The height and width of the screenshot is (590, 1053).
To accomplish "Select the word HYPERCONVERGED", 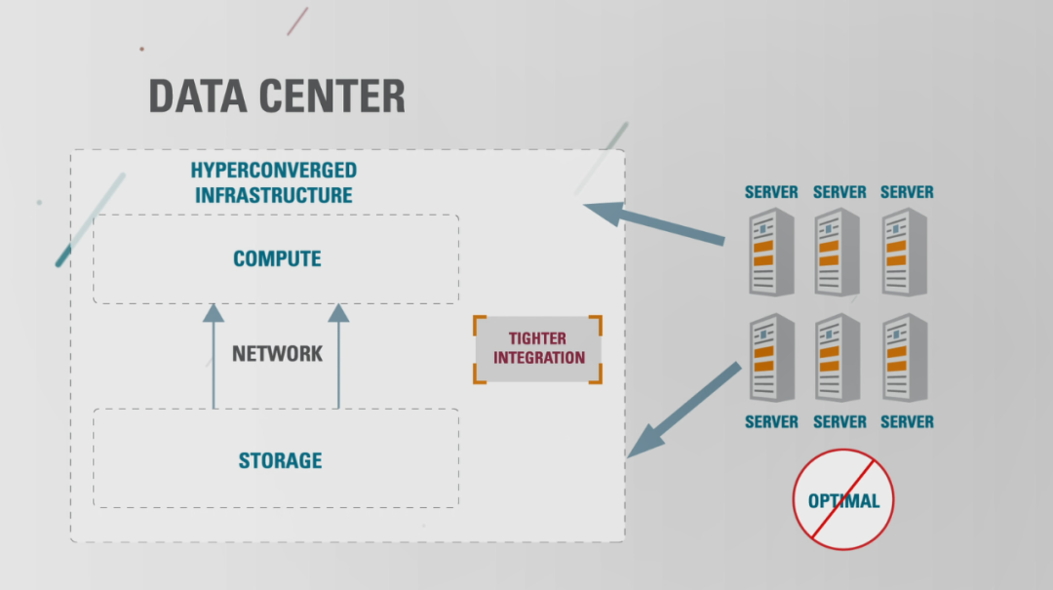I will pyautogui.click(x=273, y=171).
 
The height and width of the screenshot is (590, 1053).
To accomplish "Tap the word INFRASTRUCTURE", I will pyautogui.click(x=273, y=195).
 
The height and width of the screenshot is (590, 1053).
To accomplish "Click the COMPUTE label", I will pyautogui.click(x=277, y=259).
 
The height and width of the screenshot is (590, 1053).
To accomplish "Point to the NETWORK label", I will pyautogui.click(x=277, y=353).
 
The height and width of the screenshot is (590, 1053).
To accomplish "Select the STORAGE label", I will pyautogui.click(x=280, y=460).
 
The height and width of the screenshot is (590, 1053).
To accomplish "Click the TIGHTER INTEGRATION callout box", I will pyautogui.click(x=538, y=349).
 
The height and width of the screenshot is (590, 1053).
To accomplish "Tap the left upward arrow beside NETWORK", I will pyautogui.click(x=214, y=356).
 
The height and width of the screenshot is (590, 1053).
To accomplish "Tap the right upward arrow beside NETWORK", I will pyautogui.click(x=338, y=356).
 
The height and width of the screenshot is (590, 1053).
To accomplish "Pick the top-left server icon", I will pyautogui.click(x=771, y=252).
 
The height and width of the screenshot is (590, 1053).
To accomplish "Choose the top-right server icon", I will pyautogui.click(x=906, y=252).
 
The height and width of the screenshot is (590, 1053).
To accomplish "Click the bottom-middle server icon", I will pyautogui.click(x=838, y=358).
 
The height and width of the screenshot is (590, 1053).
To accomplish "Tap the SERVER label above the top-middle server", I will pyautogui.click(x=839, y=192).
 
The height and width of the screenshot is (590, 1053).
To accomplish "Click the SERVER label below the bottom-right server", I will pyautogui.click(x=907, y=422).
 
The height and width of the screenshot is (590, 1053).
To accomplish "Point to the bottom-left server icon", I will pyautogui.click(x=771, y=358).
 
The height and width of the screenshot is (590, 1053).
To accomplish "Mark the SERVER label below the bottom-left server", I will pyautogui.click(x=771, y=422).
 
